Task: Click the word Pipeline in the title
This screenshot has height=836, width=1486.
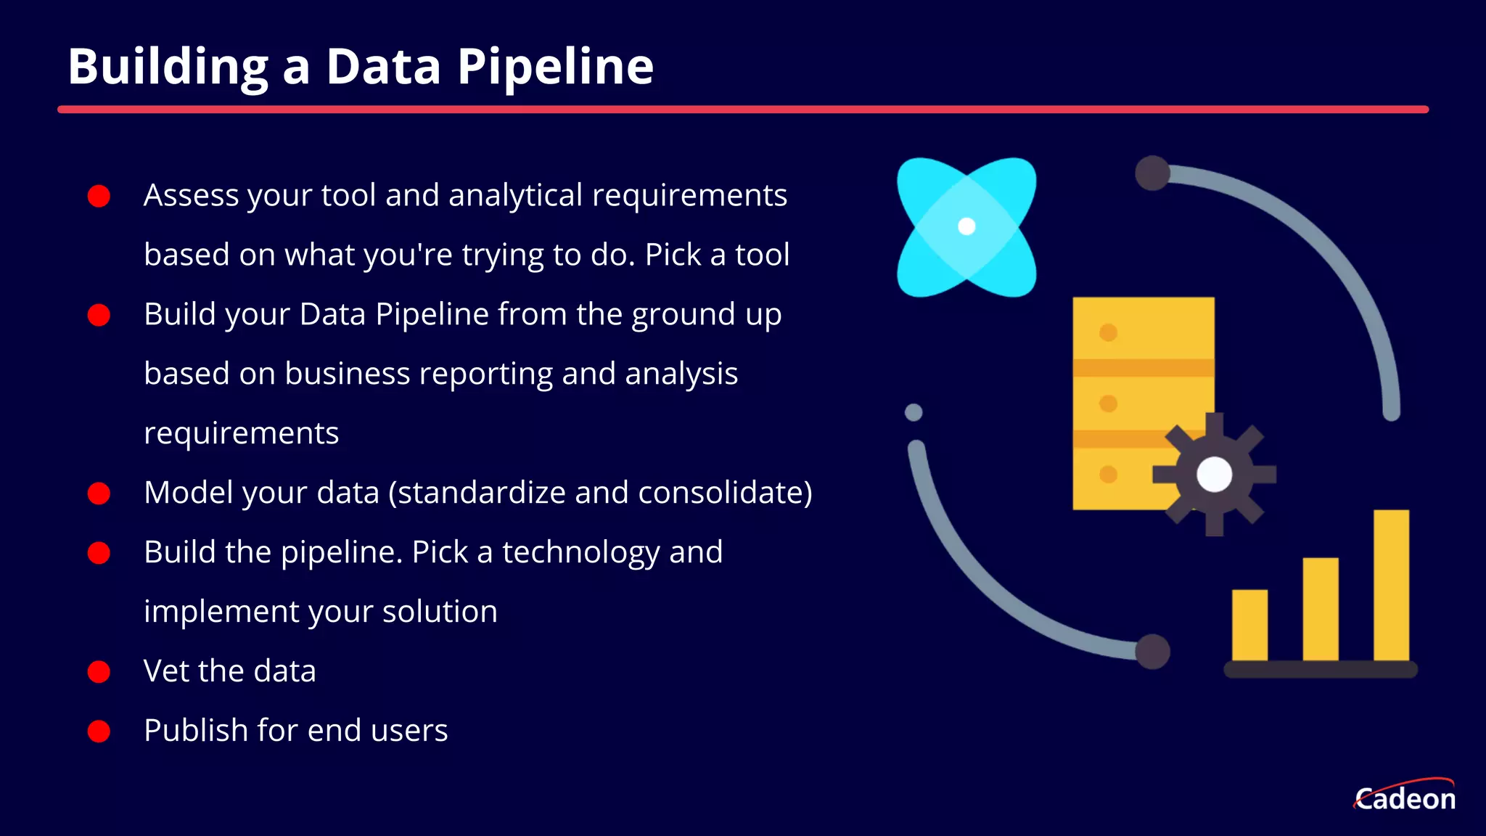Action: pyautogui.click(x=555, y=67)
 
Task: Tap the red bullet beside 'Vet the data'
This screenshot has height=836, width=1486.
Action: pyautogui.click(x=99, y=671)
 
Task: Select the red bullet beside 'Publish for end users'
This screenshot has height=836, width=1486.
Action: pyautogui.click(x=99, y=731)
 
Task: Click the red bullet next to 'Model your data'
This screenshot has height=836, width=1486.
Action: pyautogui.click(x=99, y=493)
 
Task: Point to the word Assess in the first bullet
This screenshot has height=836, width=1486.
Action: pyautogui.click(x=191, y=195)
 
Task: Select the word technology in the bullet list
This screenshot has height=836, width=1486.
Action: pyautogui.click(x=580, y=552)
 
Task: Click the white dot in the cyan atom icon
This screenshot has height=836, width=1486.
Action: pyautogui.click(x=966, y=226)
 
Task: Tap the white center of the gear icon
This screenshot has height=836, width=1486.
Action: pyautogui.click(x=1214, y=475)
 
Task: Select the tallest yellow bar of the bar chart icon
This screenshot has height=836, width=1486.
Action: pyautogui.click(x=1391, y=585)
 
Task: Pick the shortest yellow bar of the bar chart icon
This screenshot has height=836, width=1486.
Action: pyautogui.click(x=1249, y=625)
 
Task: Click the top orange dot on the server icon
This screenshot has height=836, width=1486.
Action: pyautogui.click(x=1108, y=333)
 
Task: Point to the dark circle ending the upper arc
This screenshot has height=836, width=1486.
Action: pyautogui.click(x=1152, y=173)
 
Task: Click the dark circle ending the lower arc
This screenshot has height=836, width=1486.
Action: pyautogui.click(x=1152, y=651)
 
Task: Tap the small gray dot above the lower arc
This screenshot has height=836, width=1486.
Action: pyautogui.click(x=914, y=412)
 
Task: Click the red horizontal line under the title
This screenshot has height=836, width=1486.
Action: pyautogui.click(x=743, y=110)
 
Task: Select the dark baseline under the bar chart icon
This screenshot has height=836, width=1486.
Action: pyautogui.click(x=1321, y=669)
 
